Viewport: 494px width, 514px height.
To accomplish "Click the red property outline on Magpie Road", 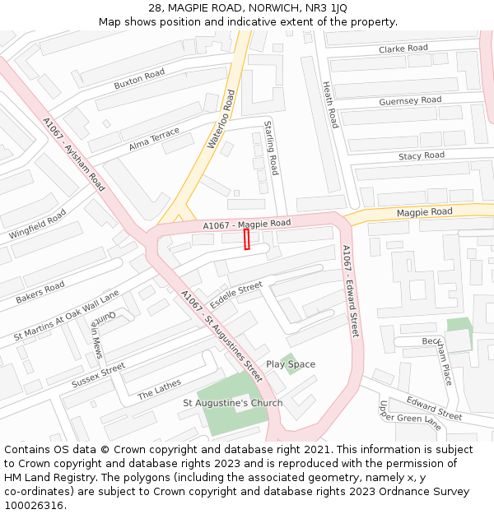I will coord(246,239).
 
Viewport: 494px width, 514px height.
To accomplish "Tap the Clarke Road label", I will coord(403,49).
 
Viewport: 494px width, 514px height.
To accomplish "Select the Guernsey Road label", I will coord(410,101).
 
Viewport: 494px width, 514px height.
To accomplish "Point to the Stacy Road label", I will coord(421,155).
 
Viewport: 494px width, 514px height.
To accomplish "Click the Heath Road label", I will coord(330,104).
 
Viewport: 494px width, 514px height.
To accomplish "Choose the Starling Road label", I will coord(271,147).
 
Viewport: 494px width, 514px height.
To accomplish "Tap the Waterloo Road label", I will coord(221,119).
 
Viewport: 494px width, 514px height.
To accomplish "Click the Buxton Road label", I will coord(139,79).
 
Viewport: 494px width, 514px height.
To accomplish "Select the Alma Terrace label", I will coord(154,140).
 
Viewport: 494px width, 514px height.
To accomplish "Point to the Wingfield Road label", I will coord(38,224).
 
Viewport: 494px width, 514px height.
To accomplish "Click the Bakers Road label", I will coord(40,292).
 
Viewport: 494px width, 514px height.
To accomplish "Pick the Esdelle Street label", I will coord(235,294).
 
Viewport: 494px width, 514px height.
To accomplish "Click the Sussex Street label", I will coord(98,375).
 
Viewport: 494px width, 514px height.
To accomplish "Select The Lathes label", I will coord(159,389).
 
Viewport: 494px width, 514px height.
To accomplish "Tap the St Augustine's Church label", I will coord(232,403).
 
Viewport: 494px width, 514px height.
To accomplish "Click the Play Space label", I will coord(290,364).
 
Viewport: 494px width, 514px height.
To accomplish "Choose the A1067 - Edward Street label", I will coord(352,291).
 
